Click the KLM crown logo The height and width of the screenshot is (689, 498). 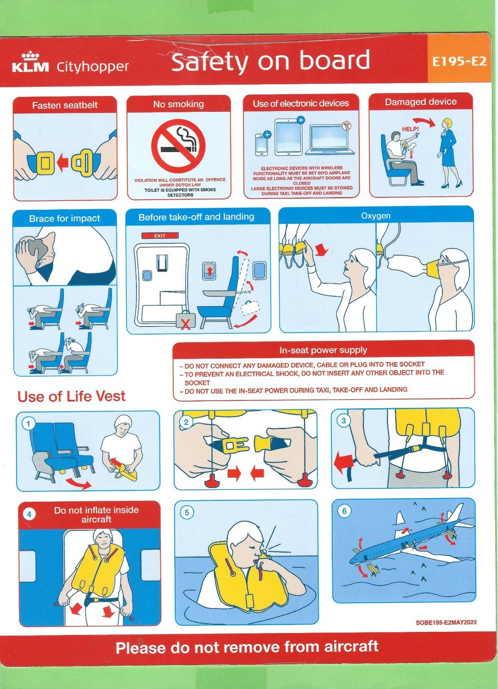point(31,56)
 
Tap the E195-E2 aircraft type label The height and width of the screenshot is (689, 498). point(459,62)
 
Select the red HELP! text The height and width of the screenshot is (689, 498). point(410,129)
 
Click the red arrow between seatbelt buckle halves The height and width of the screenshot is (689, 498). point(63,160)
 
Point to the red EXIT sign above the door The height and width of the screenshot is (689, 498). point(160,236)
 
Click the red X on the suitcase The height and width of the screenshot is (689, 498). point(185,324)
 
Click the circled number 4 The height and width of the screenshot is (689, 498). point(29,514)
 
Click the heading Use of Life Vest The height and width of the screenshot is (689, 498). point(71,396)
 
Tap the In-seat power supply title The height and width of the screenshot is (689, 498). point(323,350)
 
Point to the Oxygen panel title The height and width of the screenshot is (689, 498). point(376,215)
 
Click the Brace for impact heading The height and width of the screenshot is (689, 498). point(65,218)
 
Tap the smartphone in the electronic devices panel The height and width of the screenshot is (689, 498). point(261,145)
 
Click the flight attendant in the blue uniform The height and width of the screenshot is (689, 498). point(450,153)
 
